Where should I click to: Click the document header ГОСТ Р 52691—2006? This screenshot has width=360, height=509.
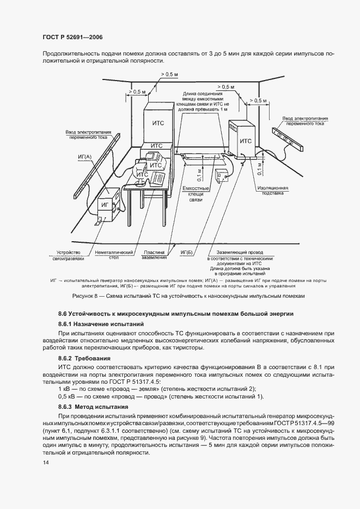click(71, 36)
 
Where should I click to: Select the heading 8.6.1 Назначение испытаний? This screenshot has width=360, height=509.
click(93, 324)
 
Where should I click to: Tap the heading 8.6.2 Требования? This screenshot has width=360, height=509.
click(84, 358)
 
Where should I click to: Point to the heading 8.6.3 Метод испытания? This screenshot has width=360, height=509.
click(93, 407)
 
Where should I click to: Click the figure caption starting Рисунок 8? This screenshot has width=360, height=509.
click(180, 296)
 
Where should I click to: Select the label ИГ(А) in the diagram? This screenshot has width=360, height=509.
click(86, 156)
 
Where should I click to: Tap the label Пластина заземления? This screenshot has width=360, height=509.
click(155, 255)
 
